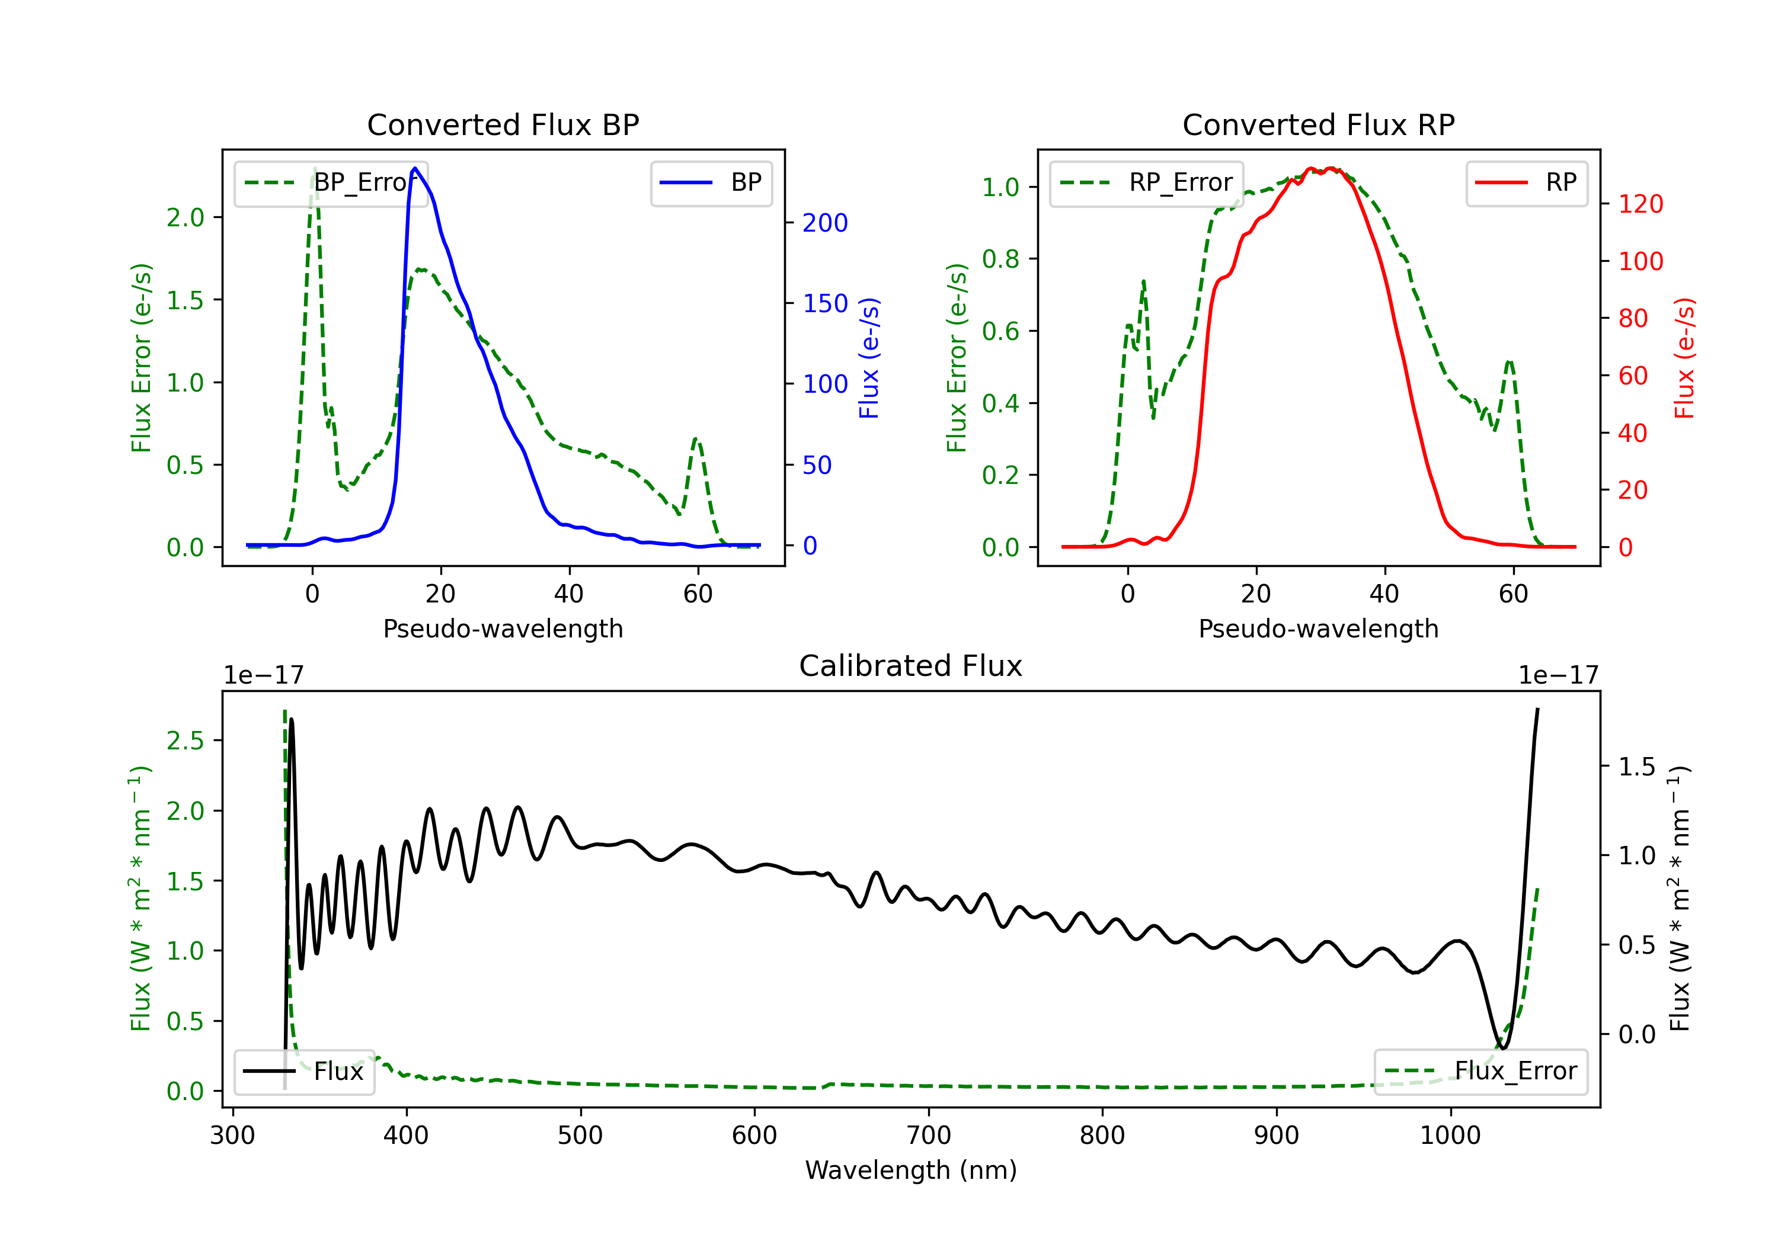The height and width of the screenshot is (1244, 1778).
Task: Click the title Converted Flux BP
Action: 503,124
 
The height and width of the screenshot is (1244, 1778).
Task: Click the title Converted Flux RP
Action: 1319,124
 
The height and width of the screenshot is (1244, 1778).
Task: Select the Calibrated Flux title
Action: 911,666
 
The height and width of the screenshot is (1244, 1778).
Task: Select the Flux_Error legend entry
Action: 1480,1072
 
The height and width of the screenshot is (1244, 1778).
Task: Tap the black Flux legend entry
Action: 305,1072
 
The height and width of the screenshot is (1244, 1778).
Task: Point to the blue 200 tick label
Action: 826,223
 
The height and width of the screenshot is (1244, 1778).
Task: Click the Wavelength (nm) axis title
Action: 911,1170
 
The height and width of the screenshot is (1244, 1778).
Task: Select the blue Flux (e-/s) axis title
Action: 869,358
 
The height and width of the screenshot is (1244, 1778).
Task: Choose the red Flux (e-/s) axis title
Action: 1684,358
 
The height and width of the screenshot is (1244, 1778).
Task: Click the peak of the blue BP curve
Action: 415,168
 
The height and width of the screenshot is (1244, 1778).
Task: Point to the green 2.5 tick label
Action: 185,741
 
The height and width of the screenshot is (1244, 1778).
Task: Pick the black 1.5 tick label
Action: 1637,767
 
